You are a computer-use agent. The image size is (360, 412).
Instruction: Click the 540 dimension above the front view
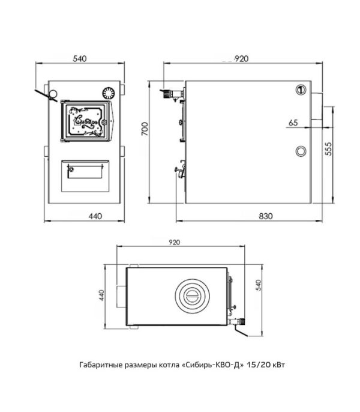point(79,59)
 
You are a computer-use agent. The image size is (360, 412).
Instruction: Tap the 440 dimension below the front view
point(95,216)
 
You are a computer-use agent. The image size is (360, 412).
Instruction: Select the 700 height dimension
point(145,129)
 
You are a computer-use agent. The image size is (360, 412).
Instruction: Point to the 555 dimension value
point(328,149)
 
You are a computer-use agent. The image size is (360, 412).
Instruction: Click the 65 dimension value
point(293,123)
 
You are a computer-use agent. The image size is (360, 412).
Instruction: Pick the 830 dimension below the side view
point(265,216)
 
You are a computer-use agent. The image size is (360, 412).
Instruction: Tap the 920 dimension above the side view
point(241,59)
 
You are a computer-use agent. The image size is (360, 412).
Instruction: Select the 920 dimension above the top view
point(175,242)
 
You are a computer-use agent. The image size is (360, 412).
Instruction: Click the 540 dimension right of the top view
point(259,285)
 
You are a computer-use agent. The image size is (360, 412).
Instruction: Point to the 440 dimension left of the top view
point(102,295)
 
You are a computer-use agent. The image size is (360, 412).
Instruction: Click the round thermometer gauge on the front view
point(108,93)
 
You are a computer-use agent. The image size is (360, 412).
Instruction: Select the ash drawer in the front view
point(85,176)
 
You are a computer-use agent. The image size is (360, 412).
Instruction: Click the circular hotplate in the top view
point(193,296)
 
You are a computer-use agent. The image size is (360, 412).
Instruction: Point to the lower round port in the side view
point(301,151)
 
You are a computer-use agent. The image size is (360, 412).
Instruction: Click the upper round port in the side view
point(301,90)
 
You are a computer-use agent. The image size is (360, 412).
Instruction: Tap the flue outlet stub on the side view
point(317,106)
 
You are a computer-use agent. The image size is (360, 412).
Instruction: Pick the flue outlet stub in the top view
point(121,296)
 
